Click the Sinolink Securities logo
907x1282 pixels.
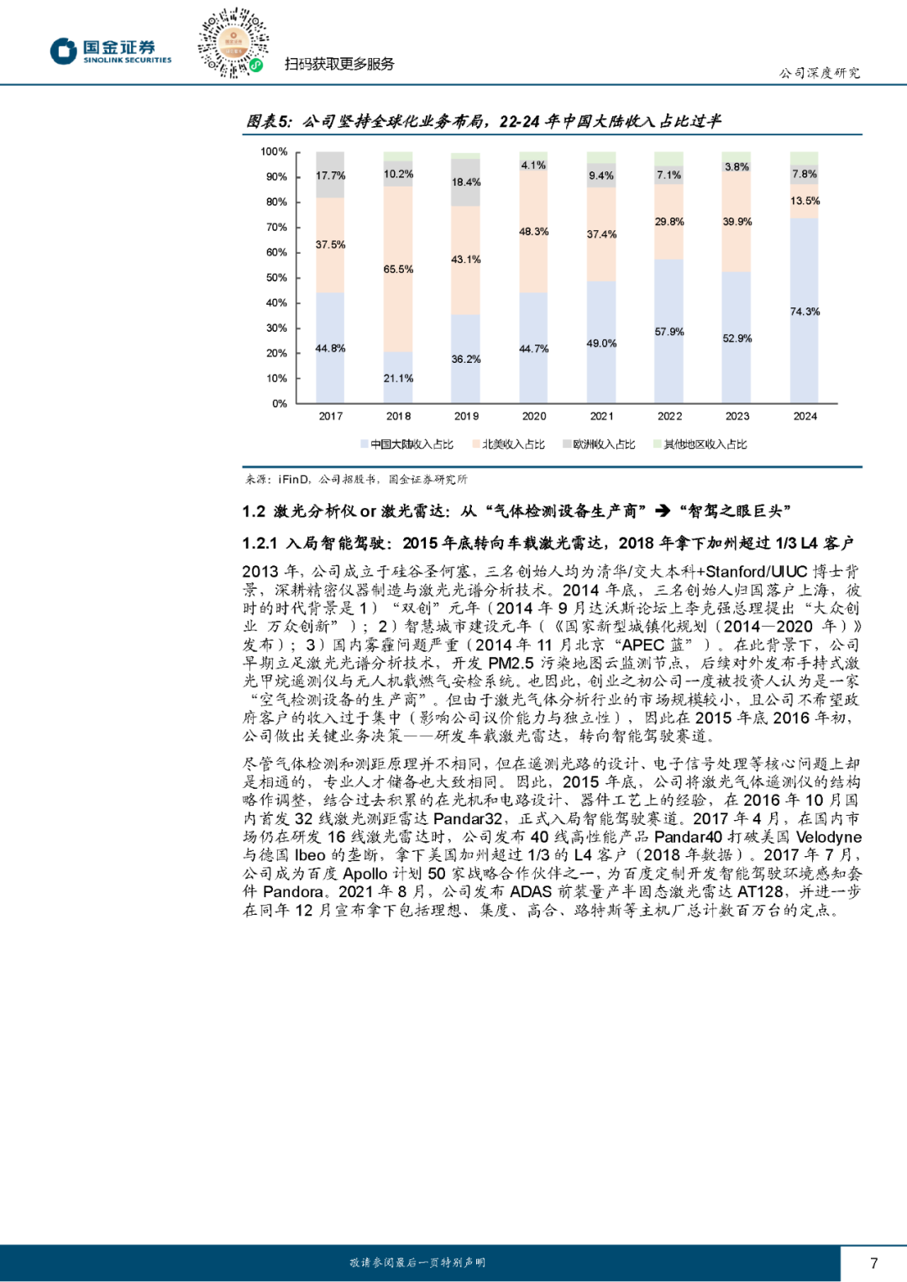coord(110,50)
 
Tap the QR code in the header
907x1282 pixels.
coord(232,43)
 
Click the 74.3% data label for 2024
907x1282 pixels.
coord(805,312)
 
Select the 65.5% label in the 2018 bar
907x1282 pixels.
coord(398,270)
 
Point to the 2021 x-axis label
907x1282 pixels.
coord(601,417)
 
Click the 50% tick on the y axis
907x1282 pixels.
coord(276,278)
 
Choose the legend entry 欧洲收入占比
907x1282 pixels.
coord(599,444)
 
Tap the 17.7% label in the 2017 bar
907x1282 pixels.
coord(330,176)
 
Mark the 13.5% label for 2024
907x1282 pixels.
coord(805,202)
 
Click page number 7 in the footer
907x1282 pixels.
coord(873,1263)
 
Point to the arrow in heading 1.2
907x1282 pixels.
coord(663,511)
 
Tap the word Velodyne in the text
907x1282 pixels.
coord(828,838)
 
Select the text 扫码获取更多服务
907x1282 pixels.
coord(339,65)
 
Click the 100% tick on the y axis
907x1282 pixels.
coord(274,152)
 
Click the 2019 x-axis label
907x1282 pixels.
coord(466,417)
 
